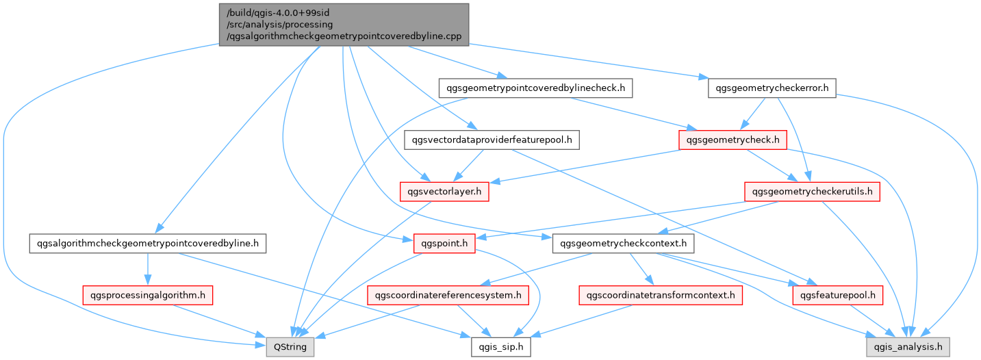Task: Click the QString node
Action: [290, 347]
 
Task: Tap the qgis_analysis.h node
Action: [908, 347]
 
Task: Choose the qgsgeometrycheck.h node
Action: [732, 140]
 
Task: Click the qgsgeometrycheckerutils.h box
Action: [811, 192]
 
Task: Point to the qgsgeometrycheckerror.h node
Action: [772, 88]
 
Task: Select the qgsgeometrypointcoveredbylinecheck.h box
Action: [535, 88]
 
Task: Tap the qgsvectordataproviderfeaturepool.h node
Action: [492, 140]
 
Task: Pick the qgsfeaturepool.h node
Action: [837, 295]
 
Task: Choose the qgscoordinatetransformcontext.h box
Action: [661, 295]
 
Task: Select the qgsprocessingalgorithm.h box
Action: [147, 295]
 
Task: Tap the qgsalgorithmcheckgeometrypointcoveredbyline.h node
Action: [148, 243]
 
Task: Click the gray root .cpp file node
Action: [344, 25]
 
